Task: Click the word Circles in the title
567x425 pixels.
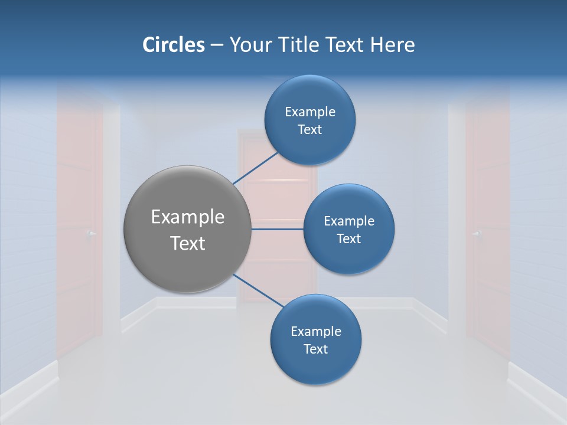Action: (174, 45)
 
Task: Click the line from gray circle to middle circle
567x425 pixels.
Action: (277, 229)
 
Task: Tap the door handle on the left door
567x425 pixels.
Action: (90, 234)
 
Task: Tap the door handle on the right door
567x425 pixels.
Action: (475, 234)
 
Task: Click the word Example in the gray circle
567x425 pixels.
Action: (188, 217)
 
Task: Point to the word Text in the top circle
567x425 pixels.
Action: (309, 130)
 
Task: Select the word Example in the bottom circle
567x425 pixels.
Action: (316, 332)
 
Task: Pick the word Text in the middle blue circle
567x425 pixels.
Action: (348, 238)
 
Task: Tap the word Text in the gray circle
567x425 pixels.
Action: (188, 243)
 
